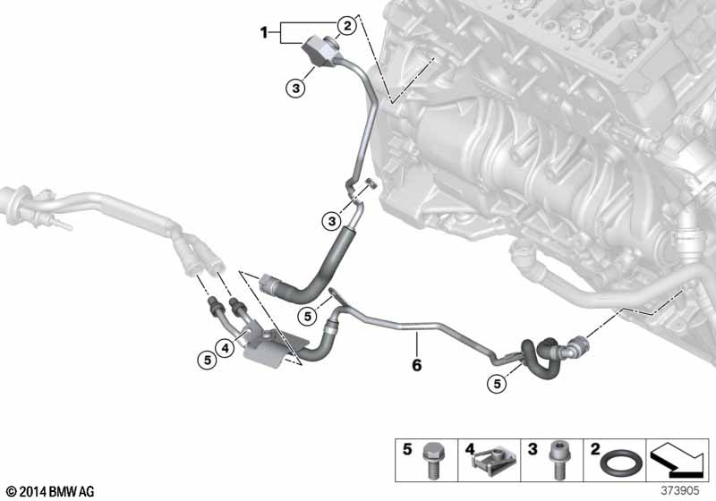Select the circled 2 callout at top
coord(345,26)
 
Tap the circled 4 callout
coord(226,347)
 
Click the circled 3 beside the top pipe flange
coord(296,87)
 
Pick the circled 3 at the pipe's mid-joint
coord(333,220)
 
